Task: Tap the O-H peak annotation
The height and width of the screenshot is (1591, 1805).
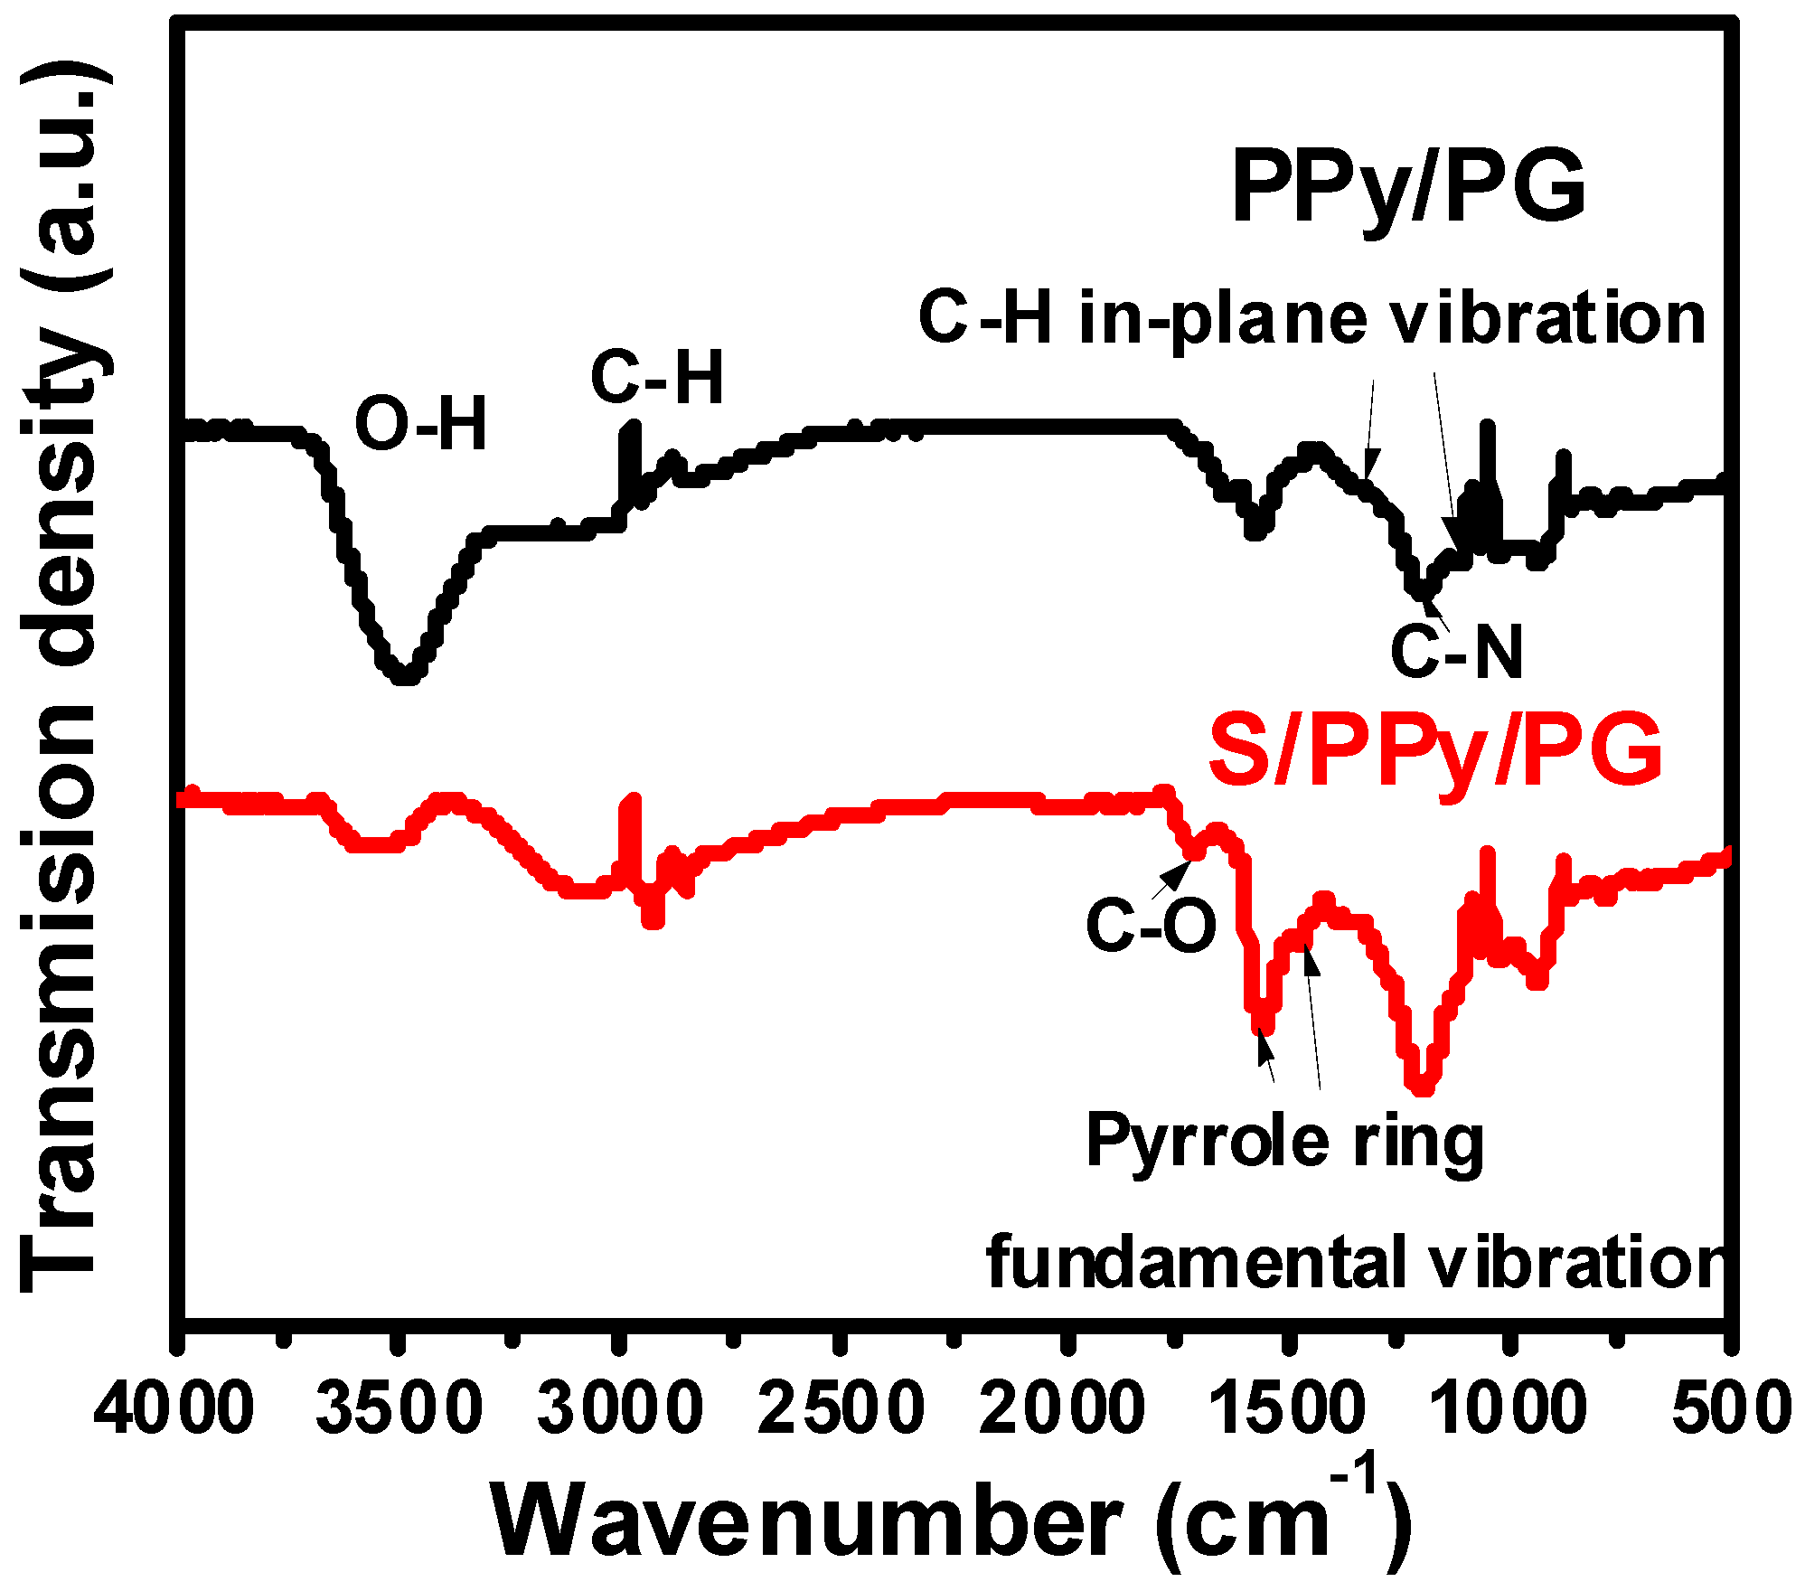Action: [x=420, y=424]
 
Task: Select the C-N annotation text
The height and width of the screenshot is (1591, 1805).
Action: [x=1456, y=652]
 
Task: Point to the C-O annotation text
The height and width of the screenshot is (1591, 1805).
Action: [x=1152, y=926]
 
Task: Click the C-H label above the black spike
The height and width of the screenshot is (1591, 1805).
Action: [x=657, y=378]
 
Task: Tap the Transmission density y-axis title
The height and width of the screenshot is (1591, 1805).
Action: [x=63, y=678]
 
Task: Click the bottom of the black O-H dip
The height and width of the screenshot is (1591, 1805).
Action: [x=406, y=675]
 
